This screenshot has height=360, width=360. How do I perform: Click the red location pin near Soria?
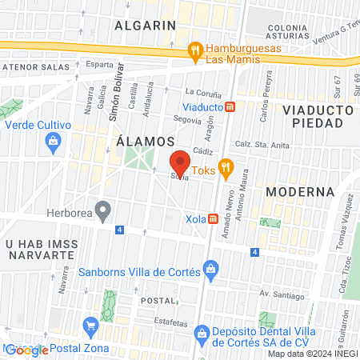pos(181,163)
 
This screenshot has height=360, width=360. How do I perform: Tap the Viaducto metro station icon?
pos(230,106)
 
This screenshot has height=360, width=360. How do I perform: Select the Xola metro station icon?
pos(213,218)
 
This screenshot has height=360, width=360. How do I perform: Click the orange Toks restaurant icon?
pos(226,167)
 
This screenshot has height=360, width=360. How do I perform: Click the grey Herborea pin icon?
pos(102,212)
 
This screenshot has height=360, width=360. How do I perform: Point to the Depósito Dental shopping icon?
pos(202,333)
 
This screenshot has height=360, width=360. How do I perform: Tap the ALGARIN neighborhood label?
pos(145,25)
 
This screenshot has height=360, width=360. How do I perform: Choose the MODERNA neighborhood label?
pos(299,192)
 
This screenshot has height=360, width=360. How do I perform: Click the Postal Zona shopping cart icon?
pos(90,326)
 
